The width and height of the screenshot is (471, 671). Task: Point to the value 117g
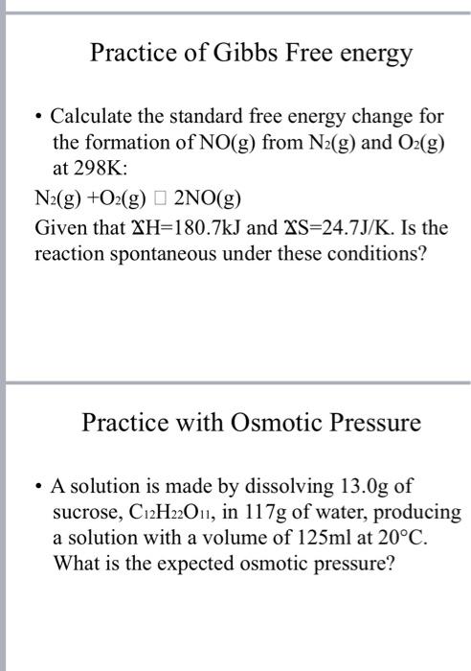pos(268,513)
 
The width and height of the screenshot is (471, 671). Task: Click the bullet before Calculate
pos(37,118)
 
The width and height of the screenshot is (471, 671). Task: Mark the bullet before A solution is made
pos(37,486)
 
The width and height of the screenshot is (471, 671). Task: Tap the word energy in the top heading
pos(376,55)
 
